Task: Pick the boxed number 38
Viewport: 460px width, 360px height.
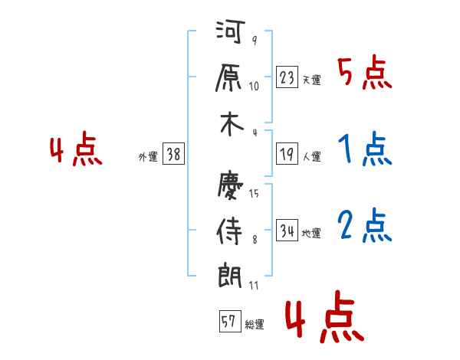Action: (172, 154)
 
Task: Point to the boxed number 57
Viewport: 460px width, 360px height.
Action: (229, 322)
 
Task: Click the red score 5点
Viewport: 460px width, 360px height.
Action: (364, 75)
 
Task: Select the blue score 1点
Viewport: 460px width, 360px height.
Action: (364, 151)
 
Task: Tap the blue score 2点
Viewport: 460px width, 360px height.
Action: (364, 226)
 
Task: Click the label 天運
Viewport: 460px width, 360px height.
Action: (311, 80)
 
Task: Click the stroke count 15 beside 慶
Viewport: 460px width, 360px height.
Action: (254, 194)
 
